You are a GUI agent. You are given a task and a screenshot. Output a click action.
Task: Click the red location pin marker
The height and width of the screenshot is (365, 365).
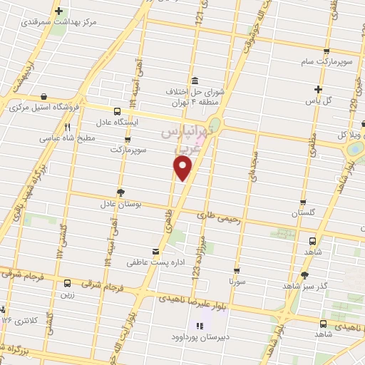183,168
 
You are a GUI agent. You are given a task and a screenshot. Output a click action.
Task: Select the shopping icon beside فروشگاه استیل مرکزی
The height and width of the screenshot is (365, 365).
45,96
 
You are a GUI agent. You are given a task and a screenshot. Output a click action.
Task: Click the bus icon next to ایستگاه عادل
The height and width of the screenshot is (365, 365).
116,110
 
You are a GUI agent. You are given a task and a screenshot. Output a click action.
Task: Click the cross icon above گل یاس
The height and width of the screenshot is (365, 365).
319,89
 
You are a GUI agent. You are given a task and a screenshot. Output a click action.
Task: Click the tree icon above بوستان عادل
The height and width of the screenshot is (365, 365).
120,192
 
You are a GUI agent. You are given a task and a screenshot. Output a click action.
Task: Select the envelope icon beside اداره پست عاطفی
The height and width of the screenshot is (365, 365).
155,251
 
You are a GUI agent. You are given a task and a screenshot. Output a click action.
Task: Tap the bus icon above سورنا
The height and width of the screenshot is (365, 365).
236,271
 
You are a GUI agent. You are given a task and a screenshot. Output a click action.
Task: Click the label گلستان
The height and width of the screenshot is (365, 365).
303,213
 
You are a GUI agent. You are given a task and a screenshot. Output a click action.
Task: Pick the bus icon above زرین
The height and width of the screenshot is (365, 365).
68,283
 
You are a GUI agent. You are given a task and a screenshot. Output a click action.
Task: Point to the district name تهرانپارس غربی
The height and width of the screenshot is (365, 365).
187,140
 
